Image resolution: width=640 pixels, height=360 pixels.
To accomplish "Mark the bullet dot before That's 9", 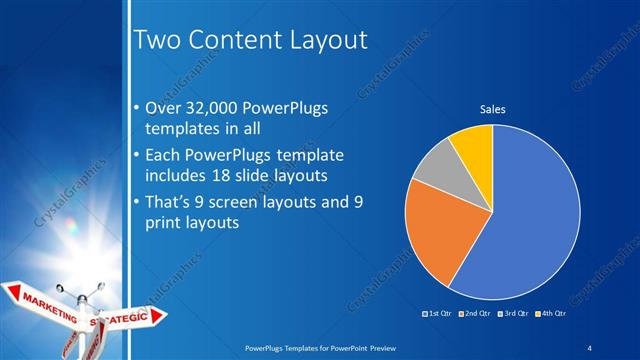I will coord(137,204).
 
